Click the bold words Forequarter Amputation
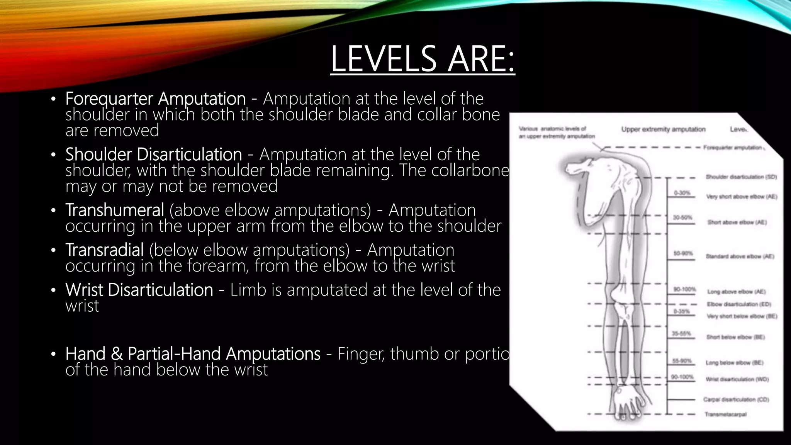pyautogui.click(x=155, y=99)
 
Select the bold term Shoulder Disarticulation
pyautogui.click(x=153, y=154)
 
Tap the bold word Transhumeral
pyautogui.click(x=115, y=210)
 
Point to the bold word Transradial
pyautogui.click(x=105, y=250)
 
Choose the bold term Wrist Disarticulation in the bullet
pyautogui.click(x=139, y=290)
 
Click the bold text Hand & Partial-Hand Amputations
pyautogui.click(x=193, y=353)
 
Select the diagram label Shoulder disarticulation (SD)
pyautogui.click(x=741, y=177)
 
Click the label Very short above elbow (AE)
pyautogui.click(x=742, y=197)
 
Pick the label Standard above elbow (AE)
pyautogui.click(x=740, y=256)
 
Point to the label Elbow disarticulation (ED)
pyautogui.click(x=739, y=304)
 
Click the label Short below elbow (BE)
pyautogui.click(x=735, y=337)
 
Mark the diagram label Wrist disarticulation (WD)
pyautogui.click(x=737, y=379)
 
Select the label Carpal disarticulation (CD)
pyautogui.click(x=736, y=399)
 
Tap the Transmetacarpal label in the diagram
pyautogui.click(x=725, y=414)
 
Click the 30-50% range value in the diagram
pyautogui.click(x=683, y=218)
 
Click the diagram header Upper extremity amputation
pyautogui.click(x=663, y=129)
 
